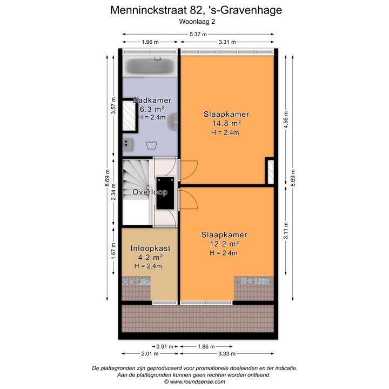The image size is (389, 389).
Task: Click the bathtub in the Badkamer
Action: pyautogui.click(x=150, y=66)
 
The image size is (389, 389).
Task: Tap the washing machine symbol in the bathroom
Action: pyautogui.click(x=152, y=145)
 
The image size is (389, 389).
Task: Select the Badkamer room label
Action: pyautogui.click(x=152, y=100)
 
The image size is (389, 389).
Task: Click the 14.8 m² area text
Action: pyautogui.click(x=227, y=123)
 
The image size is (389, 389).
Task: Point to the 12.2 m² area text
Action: pyautogui.click(x=224, y=244)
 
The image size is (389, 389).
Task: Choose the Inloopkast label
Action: pyautogui.click(x=151, y=249)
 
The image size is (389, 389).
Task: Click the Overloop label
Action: pyautogui.click(x=150, y=192)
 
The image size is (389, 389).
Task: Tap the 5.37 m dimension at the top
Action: pyautogui.click(x=198, y=34)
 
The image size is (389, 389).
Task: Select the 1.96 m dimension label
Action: pyautogui.click(x=150, y=42)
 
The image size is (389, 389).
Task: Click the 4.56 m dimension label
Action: pyautogui.click(x=286, y=119)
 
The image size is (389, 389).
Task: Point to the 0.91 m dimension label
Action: pyautogui.click(x=165, y=346)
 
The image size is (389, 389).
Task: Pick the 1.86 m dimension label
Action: pyautogui.click(x=206, y=346)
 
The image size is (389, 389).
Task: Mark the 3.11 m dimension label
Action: pyautogui.click(x=286, y=231)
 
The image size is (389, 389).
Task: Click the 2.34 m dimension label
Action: pyautogui.click(x=113, y=192)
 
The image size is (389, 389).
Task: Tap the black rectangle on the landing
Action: pyautogui.click(x=165, y=193)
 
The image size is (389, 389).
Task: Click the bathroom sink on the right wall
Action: pyautogui.click(x=173, y=122)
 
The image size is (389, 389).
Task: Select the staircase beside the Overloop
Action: pyautogui.click(x=136, y=192)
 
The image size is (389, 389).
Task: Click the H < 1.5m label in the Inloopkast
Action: pyautogui.click(x=137, y=282)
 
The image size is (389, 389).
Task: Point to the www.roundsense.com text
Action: pyautogui.click(x=198, y=381)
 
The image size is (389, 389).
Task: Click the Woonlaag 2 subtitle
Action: pyautogui.click(x=197, y=22)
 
